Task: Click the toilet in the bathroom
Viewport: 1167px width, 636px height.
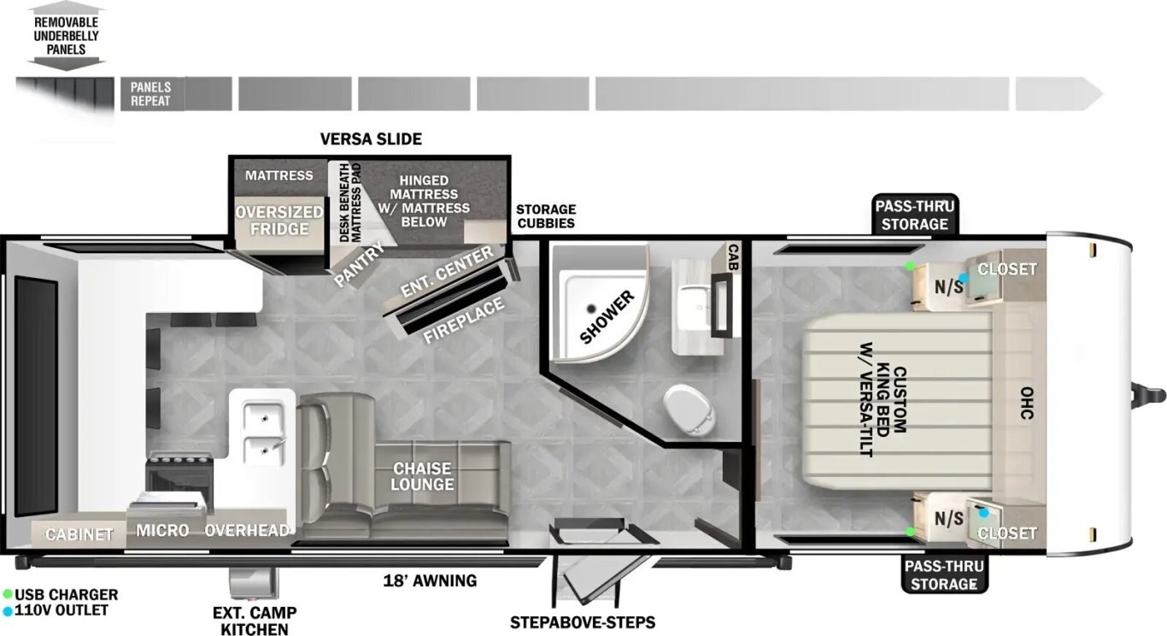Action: click(x=688, y=410)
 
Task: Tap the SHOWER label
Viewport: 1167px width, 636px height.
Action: click(x=607, y=317)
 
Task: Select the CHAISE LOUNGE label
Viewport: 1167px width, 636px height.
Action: click(x=422, y=476)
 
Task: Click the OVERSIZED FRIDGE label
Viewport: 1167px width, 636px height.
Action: click(x=279, y=220)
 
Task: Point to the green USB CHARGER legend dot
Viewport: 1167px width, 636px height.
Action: click(x=8, y=594)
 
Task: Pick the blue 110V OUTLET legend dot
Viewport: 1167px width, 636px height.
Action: click(x=8, y=610)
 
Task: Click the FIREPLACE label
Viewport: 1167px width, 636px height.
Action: click(x=463, y=319)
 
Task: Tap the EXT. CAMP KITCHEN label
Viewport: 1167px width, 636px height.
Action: click(x=255, y=621)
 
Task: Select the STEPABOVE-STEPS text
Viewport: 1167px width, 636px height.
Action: click(x=583, y=622)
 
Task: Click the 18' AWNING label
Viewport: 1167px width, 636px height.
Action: click(x=430, y=580)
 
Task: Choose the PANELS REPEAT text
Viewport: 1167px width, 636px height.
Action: click(x=150, y=94)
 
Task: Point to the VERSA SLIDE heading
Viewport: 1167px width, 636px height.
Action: click(x=371, y=138)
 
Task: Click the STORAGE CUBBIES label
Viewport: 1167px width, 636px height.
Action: click(x=546, y=215)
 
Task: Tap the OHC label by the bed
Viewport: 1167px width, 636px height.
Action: click(x=1026, y=403)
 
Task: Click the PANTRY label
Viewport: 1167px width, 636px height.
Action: click(x=360, y=264)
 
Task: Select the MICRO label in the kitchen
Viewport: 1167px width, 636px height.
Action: click(x=162, y=530)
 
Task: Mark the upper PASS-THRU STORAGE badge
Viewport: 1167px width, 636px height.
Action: click(x=914, y=215)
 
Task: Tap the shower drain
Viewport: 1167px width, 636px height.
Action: click(x=591, y=309)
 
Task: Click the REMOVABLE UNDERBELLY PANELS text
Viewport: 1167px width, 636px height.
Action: click(x=66, y=35)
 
